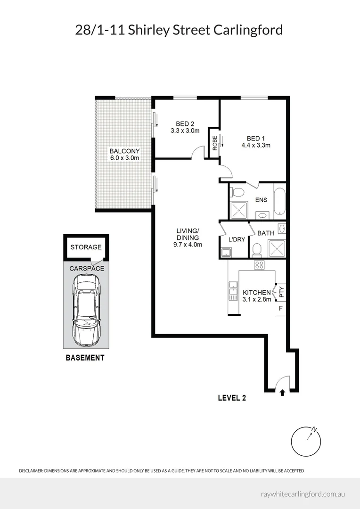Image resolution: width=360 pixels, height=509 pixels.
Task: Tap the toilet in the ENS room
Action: point(238,192)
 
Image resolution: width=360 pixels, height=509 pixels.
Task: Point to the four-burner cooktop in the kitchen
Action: point(259,265)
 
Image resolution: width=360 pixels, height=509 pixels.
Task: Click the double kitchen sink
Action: point(233,290)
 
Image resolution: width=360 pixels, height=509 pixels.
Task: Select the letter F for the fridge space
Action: point(281,309)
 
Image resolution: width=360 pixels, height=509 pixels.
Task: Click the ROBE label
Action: point(214,143)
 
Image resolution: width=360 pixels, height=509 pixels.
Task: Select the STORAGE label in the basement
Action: point(86,247)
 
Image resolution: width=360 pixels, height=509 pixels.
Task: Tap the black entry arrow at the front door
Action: point(282,392)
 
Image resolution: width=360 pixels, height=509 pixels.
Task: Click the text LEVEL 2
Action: point(232,398)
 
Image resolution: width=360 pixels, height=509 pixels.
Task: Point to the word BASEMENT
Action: point(84,358)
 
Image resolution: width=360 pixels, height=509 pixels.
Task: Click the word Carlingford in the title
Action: point(248,30)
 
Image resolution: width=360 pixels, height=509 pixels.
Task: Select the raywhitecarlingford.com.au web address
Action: point(303,494)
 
